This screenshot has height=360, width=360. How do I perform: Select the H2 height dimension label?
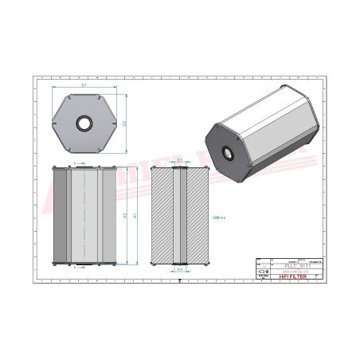pos(125,215)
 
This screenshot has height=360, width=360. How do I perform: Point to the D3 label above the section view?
pos(180,160)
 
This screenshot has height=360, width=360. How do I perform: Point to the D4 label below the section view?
pos(180,269)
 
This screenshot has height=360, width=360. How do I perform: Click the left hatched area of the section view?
pos(162,215)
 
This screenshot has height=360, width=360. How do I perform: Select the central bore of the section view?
pos(180,215)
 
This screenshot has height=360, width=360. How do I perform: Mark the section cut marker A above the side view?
pos(76,162)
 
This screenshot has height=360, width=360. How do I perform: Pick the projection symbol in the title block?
pos(265,272)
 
